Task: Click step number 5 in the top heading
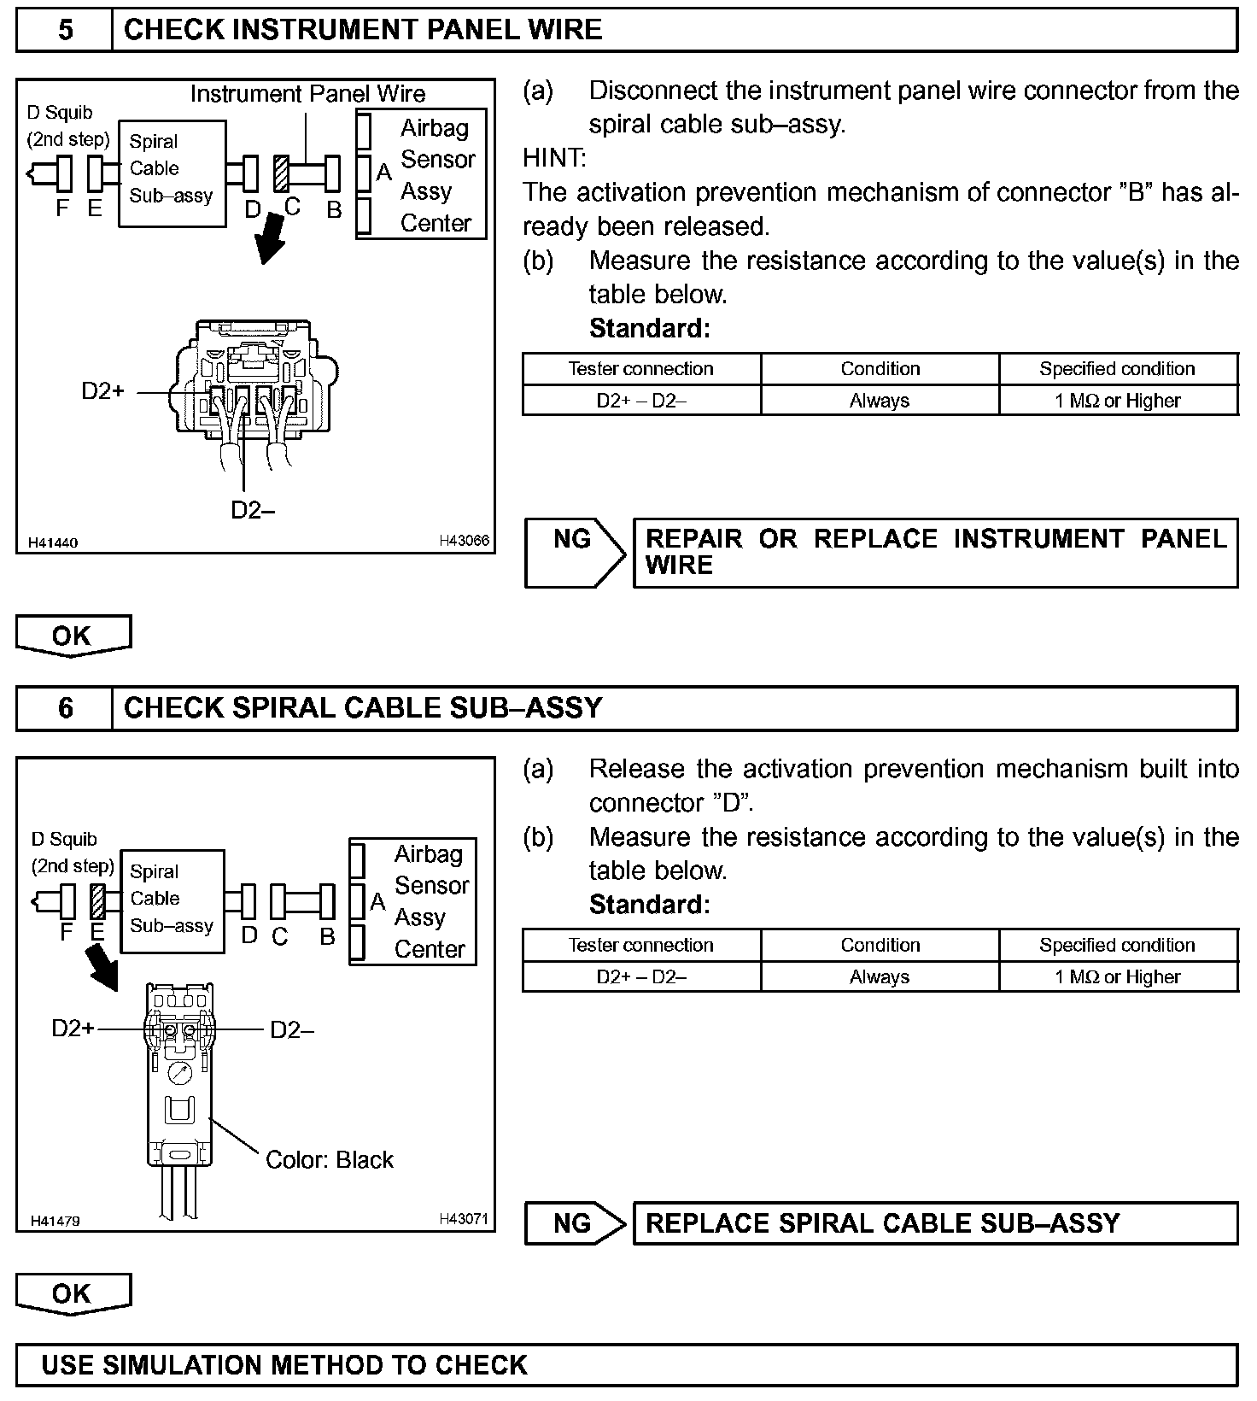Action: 65,31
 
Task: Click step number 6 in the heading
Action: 65,708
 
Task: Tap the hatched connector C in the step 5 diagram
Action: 281,173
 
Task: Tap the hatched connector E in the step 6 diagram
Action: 97,902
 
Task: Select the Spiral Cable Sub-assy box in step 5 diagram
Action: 172,173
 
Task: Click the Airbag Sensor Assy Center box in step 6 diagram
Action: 412,901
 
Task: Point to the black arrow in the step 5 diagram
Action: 272,240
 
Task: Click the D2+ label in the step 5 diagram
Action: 103,391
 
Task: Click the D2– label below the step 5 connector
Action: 253,510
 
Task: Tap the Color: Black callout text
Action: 330,1160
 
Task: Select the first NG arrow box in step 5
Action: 575,552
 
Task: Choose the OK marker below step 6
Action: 73,1293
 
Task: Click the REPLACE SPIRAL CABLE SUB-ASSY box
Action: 934,1223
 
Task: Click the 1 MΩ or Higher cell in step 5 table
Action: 1118,401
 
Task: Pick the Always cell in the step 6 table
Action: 880,977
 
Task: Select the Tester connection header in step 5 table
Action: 641,369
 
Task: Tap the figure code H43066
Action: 465,541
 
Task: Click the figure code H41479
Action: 56,1221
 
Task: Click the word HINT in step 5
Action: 554,158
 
